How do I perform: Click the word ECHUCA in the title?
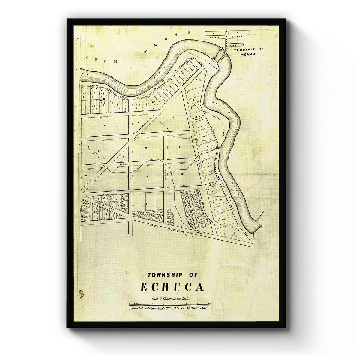click(172, 287)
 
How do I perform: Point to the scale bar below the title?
click(168, 304)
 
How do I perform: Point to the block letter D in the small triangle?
click(123, 156)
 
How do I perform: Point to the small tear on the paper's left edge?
click(81, 293)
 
